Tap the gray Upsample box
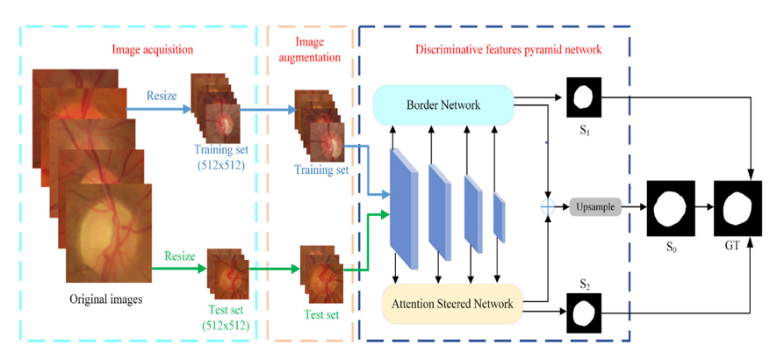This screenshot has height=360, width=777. pos(595,207)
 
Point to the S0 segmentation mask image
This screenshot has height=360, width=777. pos(671,208)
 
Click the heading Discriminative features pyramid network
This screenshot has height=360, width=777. pos(508,49)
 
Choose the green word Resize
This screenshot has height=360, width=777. pos(179,258)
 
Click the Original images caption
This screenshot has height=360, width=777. pos(106,299)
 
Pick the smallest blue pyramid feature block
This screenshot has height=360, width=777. pos(499,216)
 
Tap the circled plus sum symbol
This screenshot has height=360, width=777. pos(549,207)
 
